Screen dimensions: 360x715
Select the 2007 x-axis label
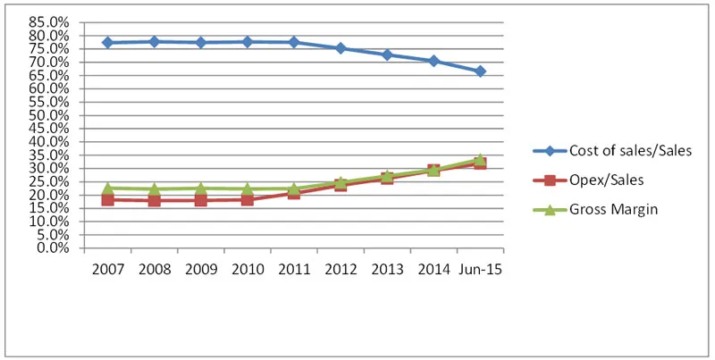107,269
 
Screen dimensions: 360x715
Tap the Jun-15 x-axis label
480,269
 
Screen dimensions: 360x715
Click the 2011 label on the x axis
293,269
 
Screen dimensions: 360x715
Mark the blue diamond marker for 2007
107,42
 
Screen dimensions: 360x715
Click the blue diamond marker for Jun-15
480,71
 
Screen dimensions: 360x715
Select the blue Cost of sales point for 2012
341,48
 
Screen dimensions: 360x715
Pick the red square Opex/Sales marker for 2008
154,200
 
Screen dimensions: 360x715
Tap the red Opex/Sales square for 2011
293,193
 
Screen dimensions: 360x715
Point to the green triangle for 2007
107,188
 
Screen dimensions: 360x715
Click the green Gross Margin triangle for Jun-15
480,159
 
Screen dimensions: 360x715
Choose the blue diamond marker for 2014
433,61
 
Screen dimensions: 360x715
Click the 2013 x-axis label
387,269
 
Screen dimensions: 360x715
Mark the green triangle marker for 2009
200,188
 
